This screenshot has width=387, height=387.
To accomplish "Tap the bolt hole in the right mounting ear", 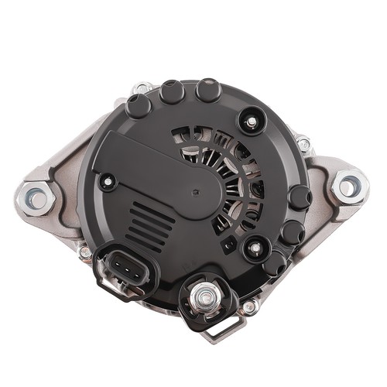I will click(x=349, y=186).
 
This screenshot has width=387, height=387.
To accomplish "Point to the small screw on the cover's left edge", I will click(x=108, y=183).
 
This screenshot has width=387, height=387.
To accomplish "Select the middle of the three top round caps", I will click(x=173, y=93).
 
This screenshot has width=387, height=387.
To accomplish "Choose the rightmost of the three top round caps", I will click(x=208, y=91).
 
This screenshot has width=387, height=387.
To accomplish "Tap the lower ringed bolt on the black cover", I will click(x=252, y=248).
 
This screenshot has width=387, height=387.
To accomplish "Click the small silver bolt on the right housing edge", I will click(x=303, y=143).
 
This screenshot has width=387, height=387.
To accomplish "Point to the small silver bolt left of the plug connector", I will click(x=86, y=252).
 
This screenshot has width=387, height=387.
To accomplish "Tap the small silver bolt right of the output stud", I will click(x=249, y=307).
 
